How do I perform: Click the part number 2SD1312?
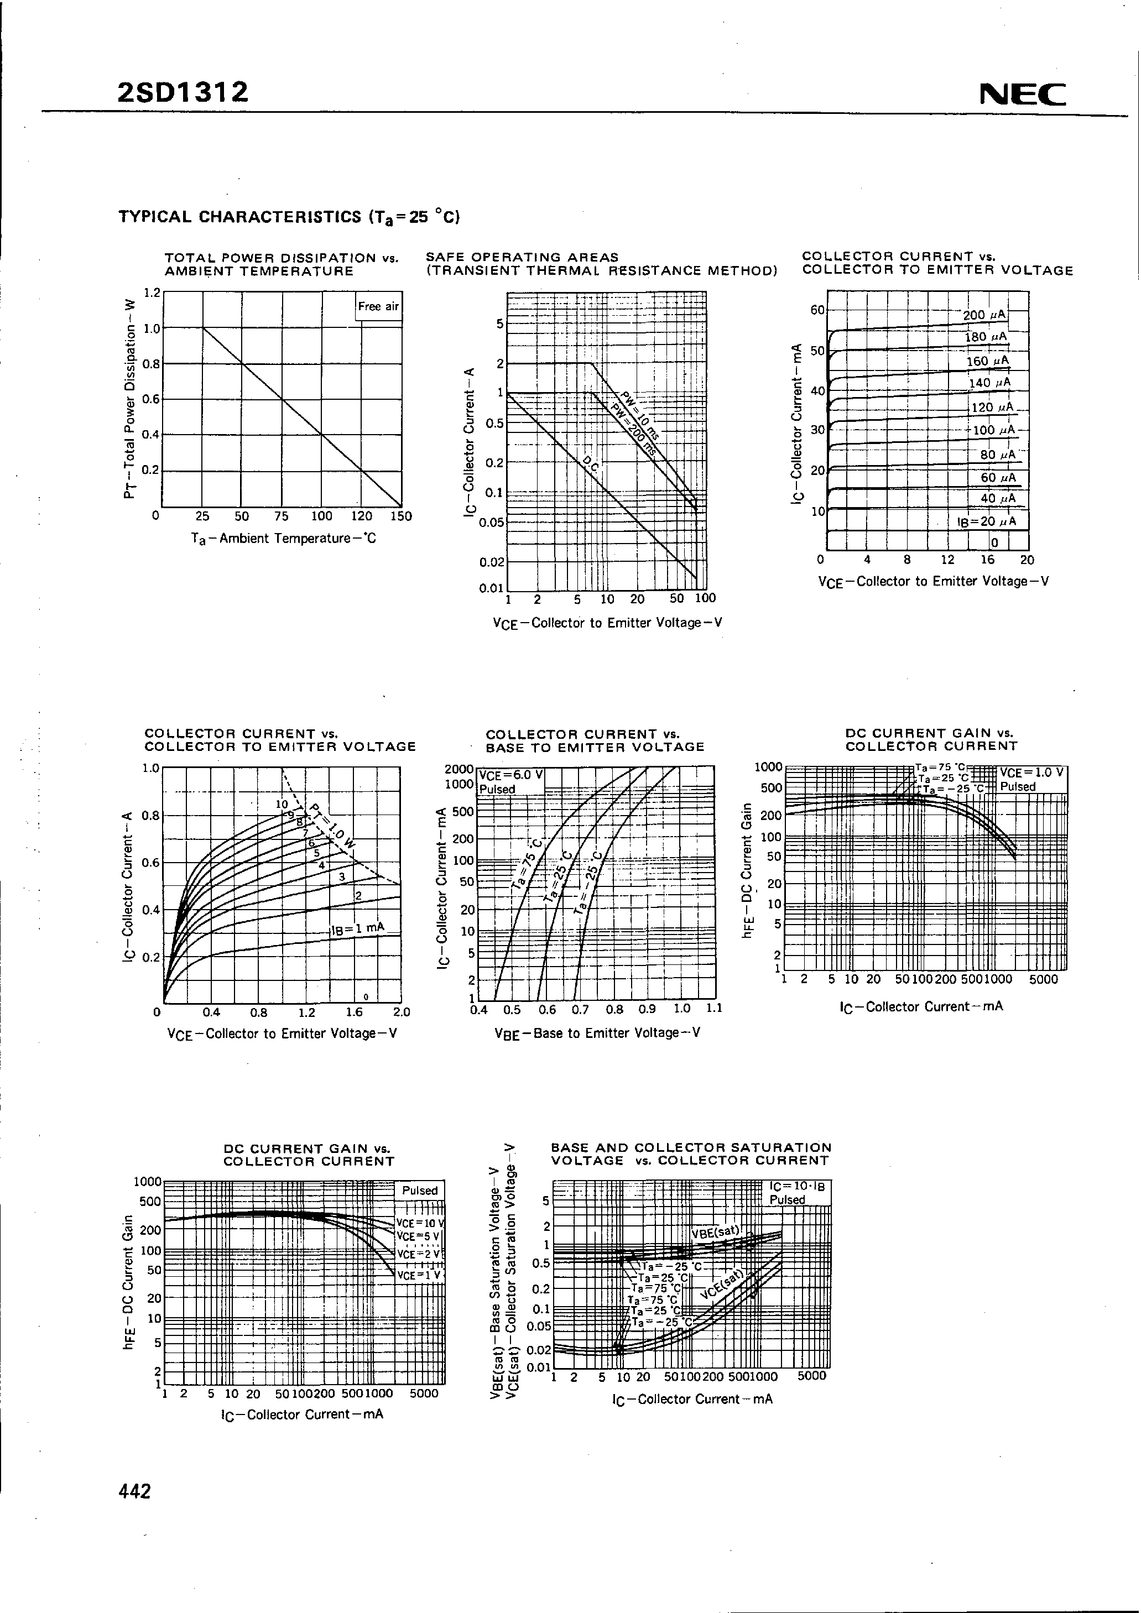(184, 92)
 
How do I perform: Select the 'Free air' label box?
(378, 306)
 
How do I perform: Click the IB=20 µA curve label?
(987, 522)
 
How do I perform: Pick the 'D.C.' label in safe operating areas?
(591, 464)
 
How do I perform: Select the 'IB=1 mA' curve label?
(358, 929)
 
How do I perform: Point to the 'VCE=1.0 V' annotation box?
(1032, 772)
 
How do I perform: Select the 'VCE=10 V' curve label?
(419, 1223)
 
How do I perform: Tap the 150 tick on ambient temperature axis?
(401, 516)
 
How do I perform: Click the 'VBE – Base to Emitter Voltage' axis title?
(597, 1033)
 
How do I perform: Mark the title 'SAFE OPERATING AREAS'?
(522, 257)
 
